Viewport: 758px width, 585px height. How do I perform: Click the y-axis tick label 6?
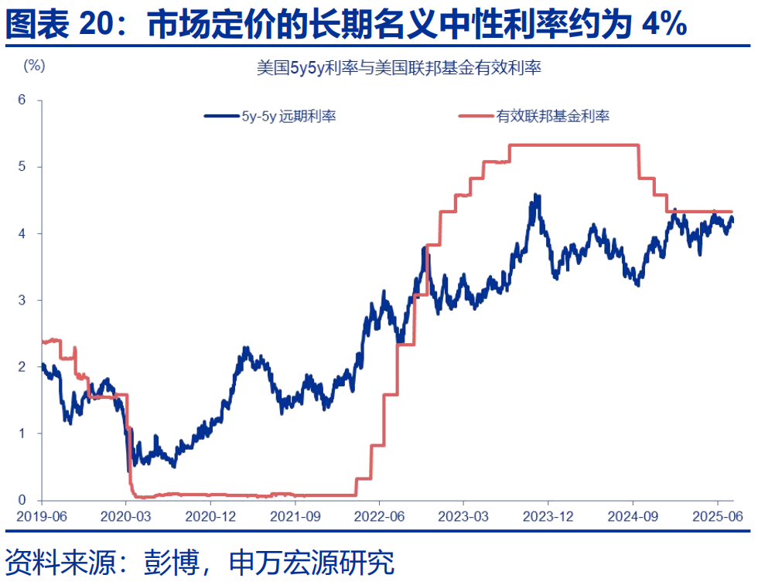click(22, 100)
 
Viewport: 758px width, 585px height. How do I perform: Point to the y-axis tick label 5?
click(22, 166)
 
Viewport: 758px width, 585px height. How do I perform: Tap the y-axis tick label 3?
click(22, 300)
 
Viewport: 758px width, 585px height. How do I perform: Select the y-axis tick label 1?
click(22, 434)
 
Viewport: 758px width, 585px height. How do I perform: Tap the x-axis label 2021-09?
click(295, 515)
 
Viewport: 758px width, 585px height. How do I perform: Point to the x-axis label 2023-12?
click(549, 515)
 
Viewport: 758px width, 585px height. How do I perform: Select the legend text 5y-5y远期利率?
click(288, 117)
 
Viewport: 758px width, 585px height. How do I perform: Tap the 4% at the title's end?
click(664, 25)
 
